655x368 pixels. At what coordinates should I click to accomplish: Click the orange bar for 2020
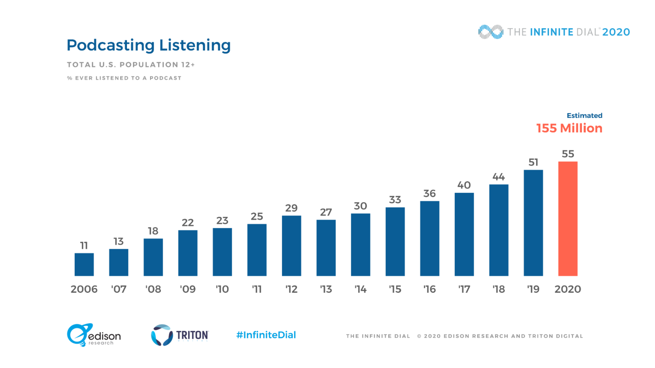(x=568, y=219)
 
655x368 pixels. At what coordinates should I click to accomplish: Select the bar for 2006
(x=84, y=264)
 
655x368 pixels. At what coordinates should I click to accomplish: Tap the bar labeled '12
(x=291, y=246)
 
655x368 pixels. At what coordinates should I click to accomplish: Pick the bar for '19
(x=533, y=223)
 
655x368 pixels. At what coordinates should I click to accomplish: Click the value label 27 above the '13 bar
(x=326, y=212)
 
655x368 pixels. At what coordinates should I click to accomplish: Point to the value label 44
(x=499, y=177)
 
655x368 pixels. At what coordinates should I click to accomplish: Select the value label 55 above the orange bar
(x=568, y=154)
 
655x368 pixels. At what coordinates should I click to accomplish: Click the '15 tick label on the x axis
(x=395, y=289)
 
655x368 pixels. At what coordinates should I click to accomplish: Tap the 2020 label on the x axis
(x=568, y=289)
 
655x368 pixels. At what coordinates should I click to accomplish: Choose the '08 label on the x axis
(x=153, y=289)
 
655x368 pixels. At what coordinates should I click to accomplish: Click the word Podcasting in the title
(x=111, y=45)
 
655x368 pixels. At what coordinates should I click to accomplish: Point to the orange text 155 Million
(x=569, y=128)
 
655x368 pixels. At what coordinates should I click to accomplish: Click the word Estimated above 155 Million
(x=584, y=116)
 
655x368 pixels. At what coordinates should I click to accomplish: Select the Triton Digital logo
(x=180, y=335)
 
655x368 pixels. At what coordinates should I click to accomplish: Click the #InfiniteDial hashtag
(x=266, y=335)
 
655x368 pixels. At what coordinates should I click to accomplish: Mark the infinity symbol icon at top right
(x=491, y=32)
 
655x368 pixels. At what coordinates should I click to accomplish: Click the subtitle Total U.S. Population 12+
(x=131, y=65)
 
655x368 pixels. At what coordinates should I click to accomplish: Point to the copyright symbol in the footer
(x=419, y=336)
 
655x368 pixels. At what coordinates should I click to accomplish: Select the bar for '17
(x=464, y=234)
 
